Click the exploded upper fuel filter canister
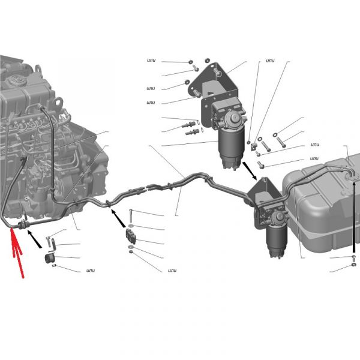[231, 149]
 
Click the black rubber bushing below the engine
[49, 259]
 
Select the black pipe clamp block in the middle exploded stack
[130, 236]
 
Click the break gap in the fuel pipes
[147, 188]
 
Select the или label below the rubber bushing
[91, 270]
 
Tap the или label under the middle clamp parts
[172, 270]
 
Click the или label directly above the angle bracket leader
[270, 61]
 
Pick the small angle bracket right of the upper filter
[254, 147]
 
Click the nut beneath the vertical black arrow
[354, 265]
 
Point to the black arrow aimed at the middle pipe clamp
[118, 218]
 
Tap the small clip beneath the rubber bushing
[54, 266]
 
